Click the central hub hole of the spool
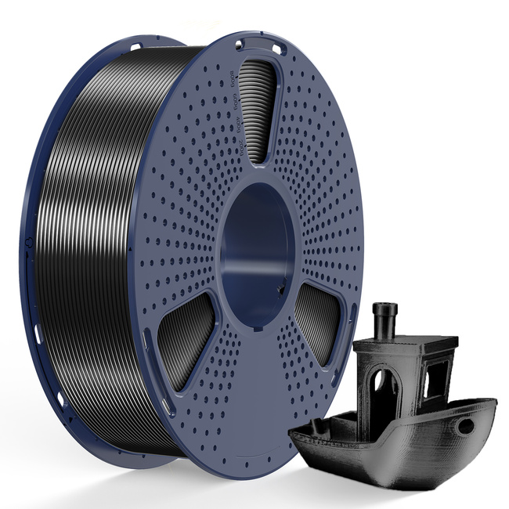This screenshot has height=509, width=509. pyautogui.click(x=259, y=235)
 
